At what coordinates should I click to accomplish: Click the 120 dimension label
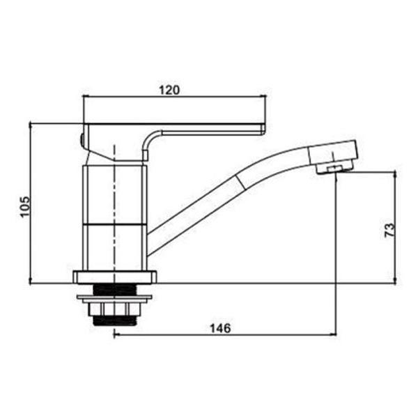[169, 90]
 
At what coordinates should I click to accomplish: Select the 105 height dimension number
[26, 207]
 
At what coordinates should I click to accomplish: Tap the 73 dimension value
[389, 230]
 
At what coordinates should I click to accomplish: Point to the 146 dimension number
[220, 328]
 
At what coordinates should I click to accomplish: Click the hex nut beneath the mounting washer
[114, 309]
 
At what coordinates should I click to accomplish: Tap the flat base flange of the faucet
[115, 277]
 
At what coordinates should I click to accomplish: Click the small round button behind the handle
[82, 139]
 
